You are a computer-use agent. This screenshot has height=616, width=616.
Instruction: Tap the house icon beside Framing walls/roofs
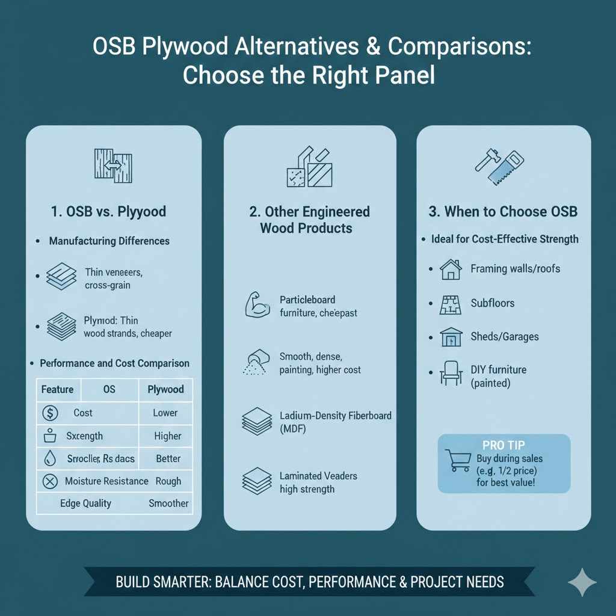tap(451, 269)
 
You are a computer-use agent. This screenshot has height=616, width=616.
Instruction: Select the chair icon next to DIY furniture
tap(451, 373)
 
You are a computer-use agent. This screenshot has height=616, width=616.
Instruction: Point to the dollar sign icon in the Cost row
tap(50, 413)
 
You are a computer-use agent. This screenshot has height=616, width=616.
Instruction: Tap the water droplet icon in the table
tap(50, 459)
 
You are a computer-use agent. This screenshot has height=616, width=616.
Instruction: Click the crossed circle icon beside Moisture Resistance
tap(50, 481)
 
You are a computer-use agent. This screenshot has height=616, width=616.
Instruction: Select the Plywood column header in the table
tap(165, 389)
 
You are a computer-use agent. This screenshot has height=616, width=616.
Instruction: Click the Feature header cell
tap(57, 389)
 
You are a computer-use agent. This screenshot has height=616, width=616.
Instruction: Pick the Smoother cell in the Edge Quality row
tap(168, 504)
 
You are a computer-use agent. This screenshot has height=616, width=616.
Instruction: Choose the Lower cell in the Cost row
tap(165, 413)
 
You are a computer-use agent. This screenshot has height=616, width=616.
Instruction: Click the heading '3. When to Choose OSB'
tap(503, 212)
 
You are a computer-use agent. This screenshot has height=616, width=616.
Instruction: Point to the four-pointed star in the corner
tap(582, 582)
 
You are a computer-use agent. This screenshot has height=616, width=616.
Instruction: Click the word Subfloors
tap(492, 303)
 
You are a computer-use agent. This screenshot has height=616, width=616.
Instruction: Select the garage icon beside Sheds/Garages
tap(451, 337)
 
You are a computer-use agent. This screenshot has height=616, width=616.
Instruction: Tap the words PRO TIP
tap(504, 445)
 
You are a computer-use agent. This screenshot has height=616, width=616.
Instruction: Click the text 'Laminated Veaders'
tap(318, 476)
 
